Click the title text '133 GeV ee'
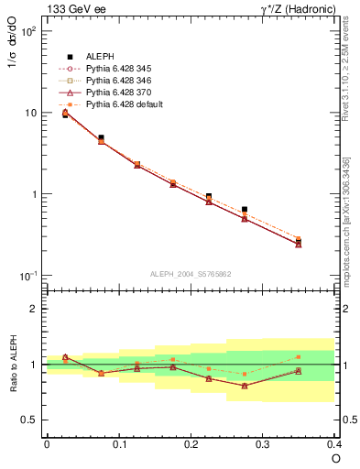[71, 9]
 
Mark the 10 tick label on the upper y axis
[30, 113]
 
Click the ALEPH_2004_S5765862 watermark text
[189, 275]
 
